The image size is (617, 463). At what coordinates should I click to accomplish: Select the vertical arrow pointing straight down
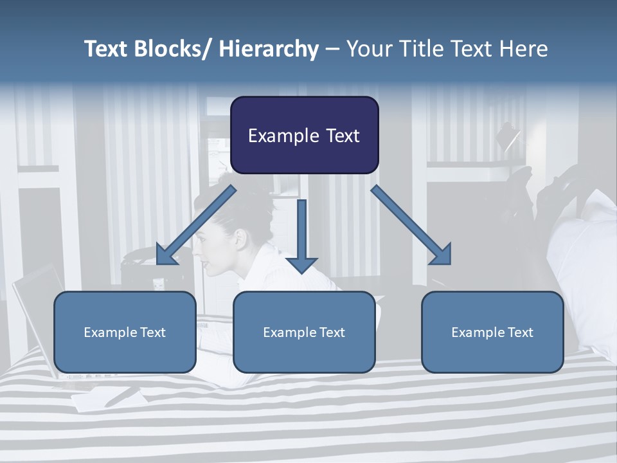pos(301,235)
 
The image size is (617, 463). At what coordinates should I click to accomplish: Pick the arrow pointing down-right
pos(412,226)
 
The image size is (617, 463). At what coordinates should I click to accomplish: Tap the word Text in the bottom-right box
pos(521,332)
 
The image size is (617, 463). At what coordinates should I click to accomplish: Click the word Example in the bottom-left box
pos(107,332)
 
